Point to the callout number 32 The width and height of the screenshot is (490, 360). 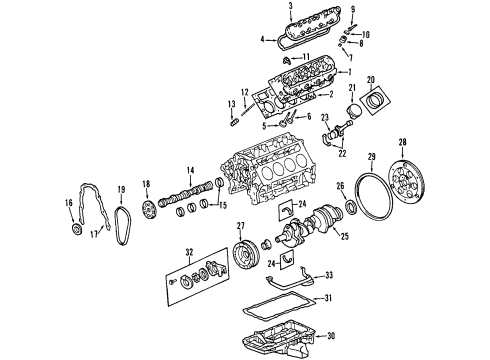coord(188,252)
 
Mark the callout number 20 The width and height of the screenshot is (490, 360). coord(371,79)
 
